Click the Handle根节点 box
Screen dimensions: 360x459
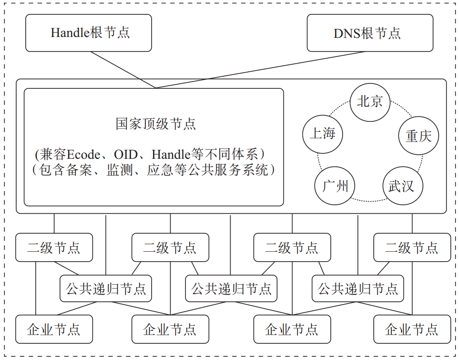[x=88, y=33]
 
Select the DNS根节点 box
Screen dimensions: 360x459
[x=370, y=33]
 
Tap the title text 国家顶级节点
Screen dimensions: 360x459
[x=156, y=124]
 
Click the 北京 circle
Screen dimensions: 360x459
[x=370, y=102]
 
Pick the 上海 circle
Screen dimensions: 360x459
[x=322, y=134]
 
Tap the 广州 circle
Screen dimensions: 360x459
[x=335, y=185]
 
